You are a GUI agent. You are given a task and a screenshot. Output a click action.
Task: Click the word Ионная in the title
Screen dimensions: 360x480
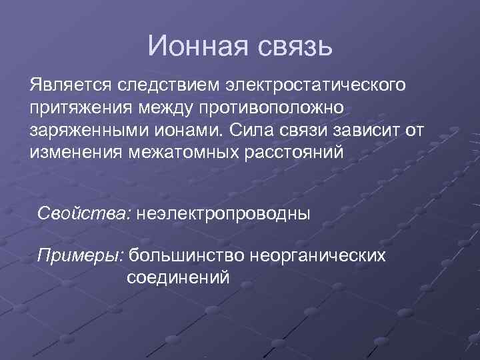194,45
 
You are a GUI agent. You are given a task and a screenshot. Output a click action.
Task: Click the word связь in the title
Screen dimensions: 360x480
290,45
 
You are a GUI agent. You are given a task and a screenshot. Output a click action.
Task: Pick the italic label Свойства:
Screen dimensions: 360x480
85,215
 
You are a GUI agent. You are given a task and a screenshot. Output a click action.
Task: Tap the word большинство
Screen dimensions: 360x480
189,255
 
